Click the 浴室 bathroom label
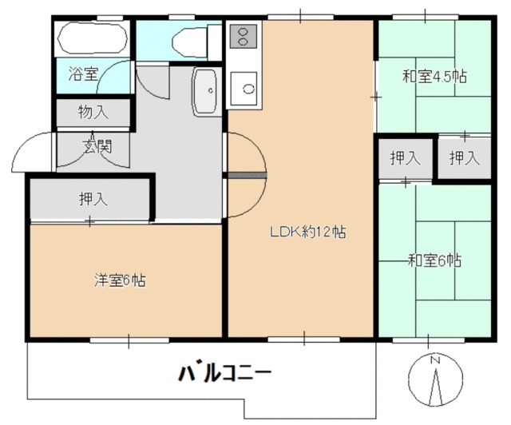[82, 74]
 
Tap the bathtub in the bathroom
[93, 38]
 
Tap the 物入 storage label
[93, 112]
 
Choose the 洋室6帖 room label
[120, 280]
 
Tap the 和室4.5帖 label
[434, 77]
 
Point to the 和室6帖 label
[434, 260]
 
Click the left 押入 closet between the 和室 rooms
[405, 158]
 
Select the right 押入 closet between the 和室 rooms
[464, 158]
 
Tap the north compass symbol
[435, 379]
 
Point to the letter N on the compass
[435, 360]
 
